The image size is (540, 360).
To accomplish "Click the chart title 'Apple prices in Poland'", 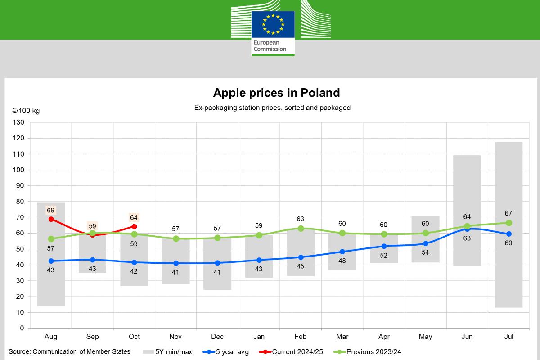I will coord(276,93).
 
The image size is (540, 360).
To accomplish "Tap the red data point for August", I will coord(51,219).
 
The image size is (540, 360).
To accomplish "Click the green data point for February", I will coord(301,228).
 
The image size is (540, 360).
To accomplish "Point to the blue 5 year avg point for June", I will coord(467,229).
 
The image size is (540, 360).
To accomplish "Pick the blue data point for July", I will coord(509,234).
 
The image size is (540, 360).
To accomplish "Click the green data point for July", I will coord(509,223).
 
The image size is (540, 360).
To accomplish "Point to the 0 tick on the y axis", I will coord(22,328).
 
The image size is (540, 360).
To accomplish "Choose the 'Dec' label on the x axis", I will coord(217,337).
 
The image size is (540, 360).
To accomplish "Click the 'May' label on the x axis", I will coord(425,337).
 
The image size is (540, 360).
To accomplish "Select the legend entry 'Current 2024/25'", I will coord(297,352).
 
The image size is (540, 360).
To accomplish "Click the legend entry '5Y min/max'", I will coord(173,352).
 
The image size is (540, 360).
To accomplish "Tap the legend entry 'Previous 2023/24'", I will coord(373,352).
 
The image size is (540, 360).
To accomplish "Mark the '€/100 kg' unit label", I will coord(26,111).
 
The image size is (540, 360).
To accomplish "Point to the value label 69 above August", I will coord(50,210).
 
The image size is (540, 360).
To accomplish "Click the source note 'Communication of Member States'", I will coord(81,352).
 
